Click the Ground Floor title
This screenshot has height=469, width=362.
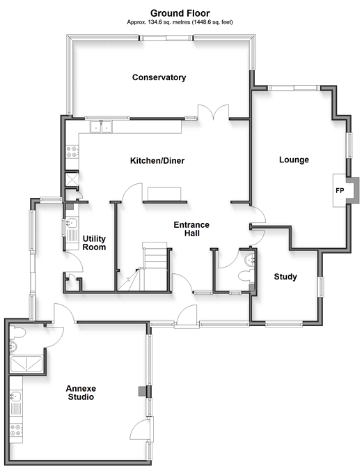tap(180, 13)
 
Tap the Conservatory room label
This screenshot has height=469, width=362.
tap(159, 77)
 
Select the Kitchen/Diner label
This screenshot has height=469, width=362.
tap(157, 160)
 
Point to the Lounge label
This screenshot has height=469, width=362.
tap(294, 160)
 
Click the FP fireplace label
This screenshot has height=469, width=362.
tap(340, 190)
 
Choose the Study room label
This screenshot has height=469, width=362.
tap(285, 277)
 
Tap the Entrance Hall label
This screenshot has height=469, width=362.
tap(191, 229)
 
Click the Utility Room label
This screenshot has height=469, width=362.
tap(94, 243)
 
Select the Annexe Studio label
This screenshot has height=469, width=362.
tap(81, 393)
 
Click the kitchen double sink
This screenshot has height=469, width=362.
tap(101, 127)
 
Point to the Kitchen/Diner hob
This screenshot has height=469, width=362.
tap(72, 151)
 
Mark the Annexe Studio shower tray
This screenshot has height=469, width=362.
tap(26, 364)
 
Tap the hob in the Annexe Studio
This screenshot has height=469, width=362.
tap(16, 431)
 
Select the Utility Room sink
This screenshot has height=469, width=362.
tap(72, 223)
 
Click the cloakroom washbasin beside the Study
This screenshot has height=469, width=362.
tap(249, 260)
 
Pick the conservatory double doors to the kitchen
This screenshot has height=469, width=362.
tap(213, 112)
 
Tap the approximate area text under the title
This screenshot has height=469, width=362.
tap(180, 22)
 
